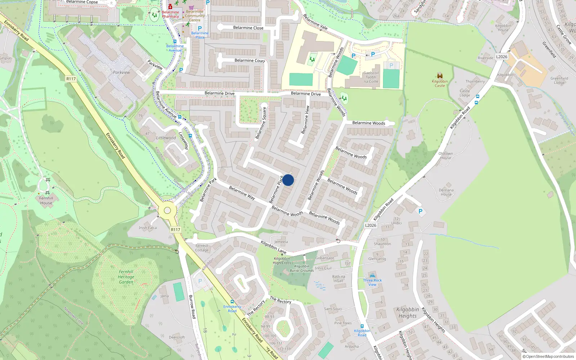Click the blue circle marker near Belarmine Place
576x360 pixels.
[x=288, y=180]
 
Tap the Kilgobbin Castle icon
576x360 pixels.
[x=440, y=76]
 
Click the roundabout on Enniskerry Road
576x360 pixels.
[x=167, y=211]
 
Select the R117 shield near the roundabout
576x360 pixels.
[x=175, y=229]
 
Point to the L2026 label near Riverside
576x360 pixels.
[x=501, y=57]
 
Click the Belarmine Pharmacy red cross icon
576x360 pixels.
[x=170, y=7]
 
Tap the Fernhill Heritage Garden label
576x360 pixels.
[x=126, y=277]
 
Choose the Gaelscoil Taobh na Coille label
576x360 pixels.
[x=371, y=77]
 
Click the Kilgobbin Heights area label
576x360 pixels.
[x=408, y=312]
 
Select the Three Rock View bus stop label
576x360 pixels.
[x=372, y=282]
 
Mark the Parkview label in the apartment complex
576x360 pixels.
[x=121, y=72]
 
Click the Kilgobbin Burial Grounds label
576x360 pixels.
[x=302, y=268]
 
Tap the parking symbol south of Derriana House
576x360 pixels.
[x=420, y=211]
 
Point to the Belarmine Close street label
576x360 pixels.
[x=248, y=28]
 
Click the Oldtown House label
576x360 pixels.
[x=445, y=156]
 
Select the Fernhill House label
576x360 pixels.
[x=46, y=201]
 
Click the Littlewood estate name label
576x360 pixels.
[x=166, y=138]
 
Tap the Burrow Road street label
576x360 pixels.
[x=192, y=306]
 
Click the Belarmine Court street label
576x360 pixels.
[x=249, y=60]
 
